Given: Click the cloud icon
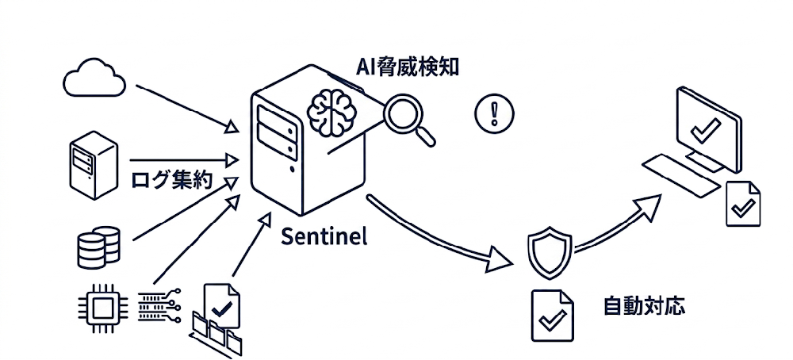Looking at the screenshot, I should (x=94, y=77).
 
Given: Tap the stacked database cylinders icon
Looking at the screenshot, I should (x=98, y=247).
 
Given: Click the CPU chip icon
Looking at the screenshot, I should (x=101, y=303).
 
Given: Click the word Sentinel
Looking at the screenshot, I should (x=324, y=238).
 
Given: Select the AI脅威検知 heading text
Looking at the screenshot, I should (x=407, y=67).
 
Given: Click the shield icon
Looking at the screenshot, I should (x=550, y=252).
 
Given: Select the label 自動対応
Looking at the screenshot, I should (x=643, y=305).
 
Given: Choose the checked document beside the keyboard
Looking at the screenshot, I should (x=744, y=203).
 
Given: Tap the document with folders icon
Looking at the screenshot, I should (x=219, y=317).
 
